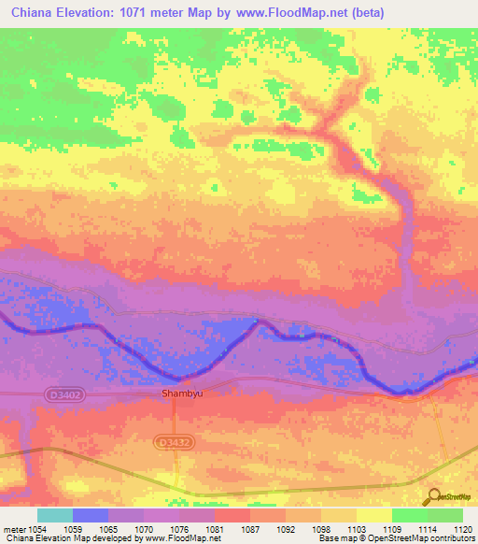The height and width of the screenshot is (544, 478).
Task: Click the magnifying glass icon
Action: pyautogui.click(x=433, y=497)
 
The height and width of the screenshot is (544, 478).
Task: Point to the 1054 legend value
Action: pyautogui.click(x=38, y=528)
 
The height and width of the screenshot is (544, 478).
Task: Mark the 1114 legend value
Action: pyautogui.click(x=407, y=528)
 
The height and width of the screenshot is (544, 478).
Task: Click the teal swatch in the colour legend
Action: pyautogui.click(x=55, y=515)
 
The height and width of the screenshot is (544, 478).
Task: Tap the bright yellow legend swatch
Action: pyautogui.click(x=374, y=515)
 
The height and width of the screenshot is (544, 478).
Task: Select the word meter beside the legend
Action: pyautogui.click(x=14, y=528)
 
